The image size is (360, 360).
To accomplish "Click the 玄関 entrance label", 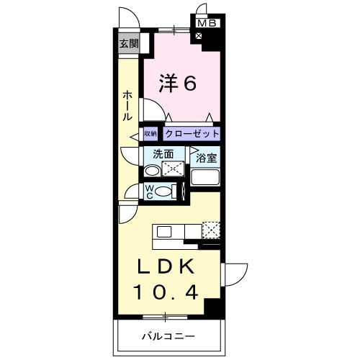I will coord(129,43).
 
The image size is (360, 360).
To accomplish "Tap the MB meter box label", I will coord(207,23).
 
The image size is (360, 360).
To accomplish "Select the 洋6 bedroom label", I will coord(177,84).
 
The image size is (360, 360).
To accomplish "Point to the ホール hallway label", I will coord(127,105).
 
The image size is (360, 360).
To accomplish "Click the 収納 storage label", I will coord(150,133).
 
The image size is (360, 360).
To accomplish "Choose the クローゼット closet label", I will coord(191,134).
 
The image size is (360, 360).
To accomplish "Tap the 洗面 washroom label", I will coord(163,153).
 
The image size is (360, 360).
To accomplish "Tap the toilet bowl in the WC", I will coord(165,192).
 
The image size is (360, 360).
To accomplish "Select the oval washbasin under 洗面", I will coord(153,171).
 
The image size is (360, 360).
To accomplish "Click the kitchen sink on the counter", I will coord(163,232).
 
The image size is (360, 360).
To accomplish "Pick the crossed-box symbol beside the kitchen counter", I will coord(210,230).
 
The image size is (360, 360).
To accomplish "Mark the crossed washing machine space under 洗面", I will coord(174,170).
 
